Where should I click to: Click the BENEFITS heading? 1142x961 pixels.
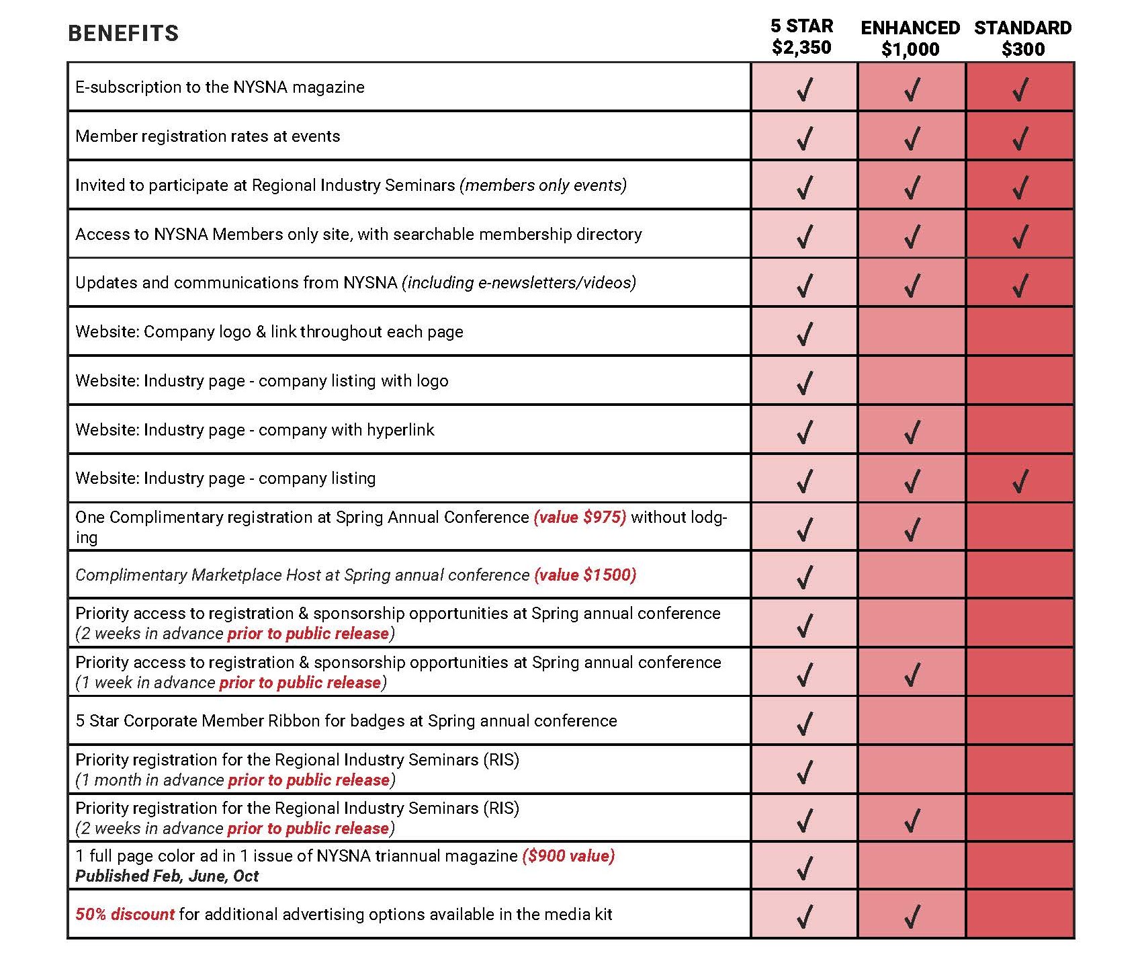pos(124,34)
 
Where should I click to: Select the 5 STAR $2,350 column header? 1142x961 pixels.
pos(801,37)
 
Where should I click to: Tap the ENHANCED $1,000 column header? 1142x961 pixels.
pos(910,38)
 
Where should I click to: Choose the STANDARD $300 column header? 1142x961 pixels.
pos(1022,38)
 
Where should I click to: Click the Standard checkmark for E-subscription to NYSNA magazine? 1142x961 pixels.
pos(1020,89)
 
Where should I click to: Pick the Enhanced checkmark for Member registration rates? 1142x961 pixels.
pos(912,138)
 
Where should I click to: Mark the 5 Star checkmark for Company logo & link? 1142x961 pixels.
pos(804,333)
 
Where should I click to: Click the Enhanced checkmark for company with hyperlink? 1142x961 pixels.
pos(912,431)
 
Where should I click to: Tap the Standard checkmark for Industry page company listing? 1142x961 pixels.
pos(1020,480)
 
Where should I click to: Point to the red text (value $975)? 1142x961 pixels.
pos(580,517)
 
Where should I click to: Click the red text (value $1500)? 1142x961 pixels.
pos(585,575)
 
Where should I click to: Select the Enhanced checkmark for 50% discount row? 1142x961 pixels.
pos(912,916)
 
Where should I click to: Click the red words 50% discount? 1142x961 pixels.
pos(125,915)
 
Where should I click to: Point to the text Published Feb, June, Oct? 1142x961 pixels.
pos(167,876)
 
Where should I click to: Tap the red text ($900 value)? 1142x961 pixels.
pos(568,856)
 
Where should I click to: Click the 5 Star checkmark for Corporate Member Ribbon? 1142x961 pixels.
pos(804,723)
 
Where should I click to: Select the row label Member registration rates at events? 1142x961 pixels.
pos(208,136)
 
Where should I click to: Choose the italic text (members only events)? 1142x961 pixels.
pos(543,185)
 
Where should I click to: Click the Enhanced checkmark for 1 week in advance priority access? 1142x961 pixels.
pos(912,674)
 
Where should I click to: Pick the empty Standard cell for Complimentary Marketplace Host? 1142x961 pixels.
pos(1020,575)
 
